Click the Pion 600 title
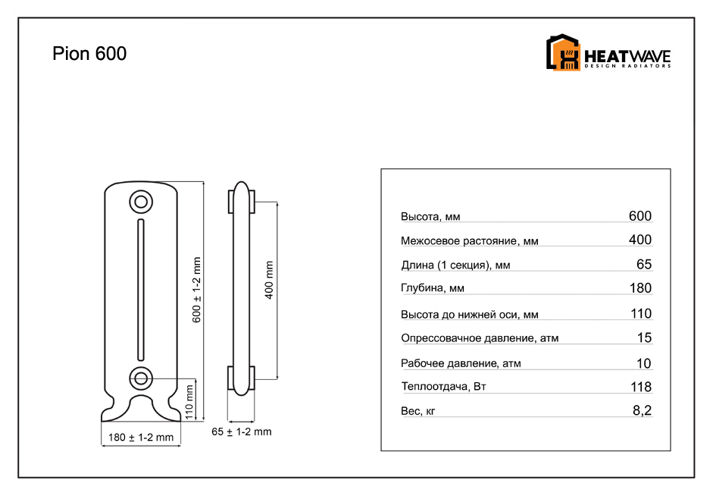[x=89, y=54]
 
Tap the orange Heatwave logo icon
[x=563, y=52]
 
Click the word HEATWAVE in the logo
[x=627, y=56]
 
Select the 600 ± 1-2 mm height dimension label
[x=196, y=290]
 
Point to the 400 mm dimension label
[x=269, y=280]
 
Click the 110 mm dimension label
[x=189, y=402]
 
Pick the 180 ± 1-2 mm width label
[x=141, y=438]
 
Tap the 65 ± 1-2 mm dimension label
[x=242, y=432]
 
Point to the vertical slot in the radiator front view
[x=141, y=290]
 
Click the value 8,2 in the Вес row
[x=642, y=410]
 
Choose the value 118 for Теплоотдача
[x=641, y=387]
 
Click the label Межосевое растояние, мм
[x=469, y=240]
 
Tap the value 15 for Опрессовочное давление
[x=644, y=337]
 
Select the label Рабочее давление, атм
[x=461, y=363]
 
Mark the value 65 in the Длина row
[x=644, y=265]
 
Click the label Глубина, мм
[x=433, y=288]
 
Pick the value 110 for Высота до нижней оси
[x=641, y=313]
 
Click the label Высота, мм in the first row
[x=430, y=217]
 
